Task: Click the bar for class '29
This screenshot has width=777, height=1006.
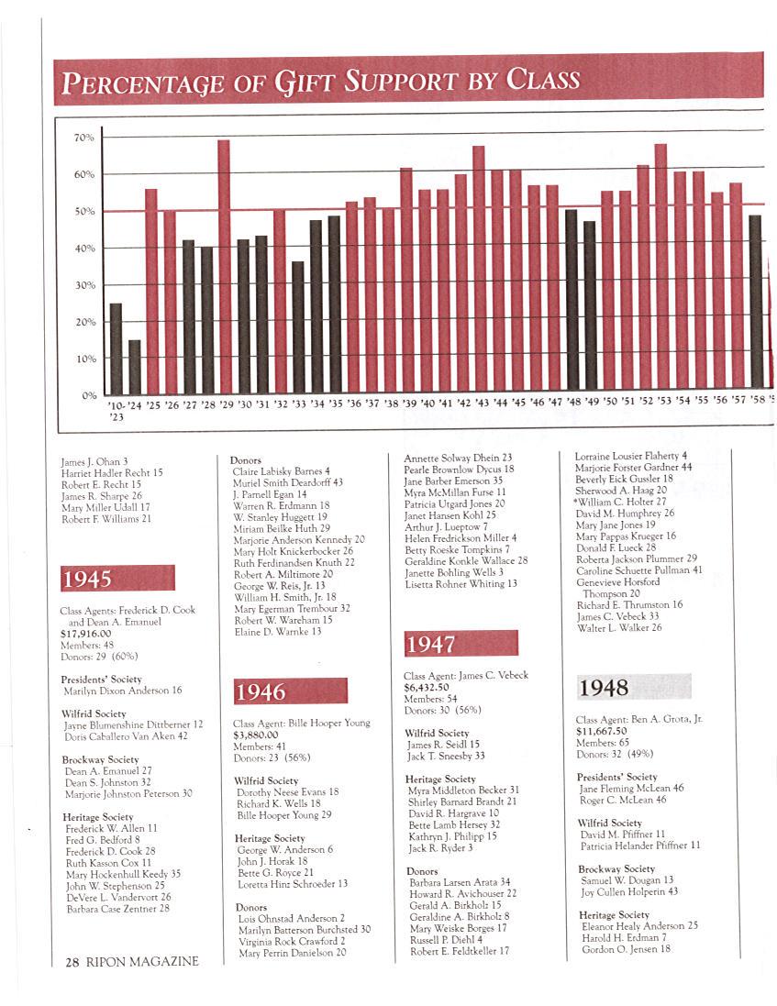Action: tap(224, 266)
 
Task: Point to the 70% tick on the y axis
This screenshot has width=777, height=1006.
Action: tap(84, 138)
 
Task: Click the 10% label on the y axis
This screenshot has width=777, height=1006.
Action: tap(84, 359)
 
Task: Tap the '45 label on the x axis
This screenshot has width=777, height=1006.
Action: tap(518, 403)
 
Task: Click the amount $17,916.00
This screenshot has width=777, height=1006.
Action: tap(85, 633)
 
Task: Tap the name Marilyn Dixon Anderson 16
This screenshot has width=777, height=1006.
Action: tap(122, 690)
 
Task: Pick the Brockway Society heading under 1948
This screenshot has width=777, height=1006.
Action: tap(616, 868)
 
